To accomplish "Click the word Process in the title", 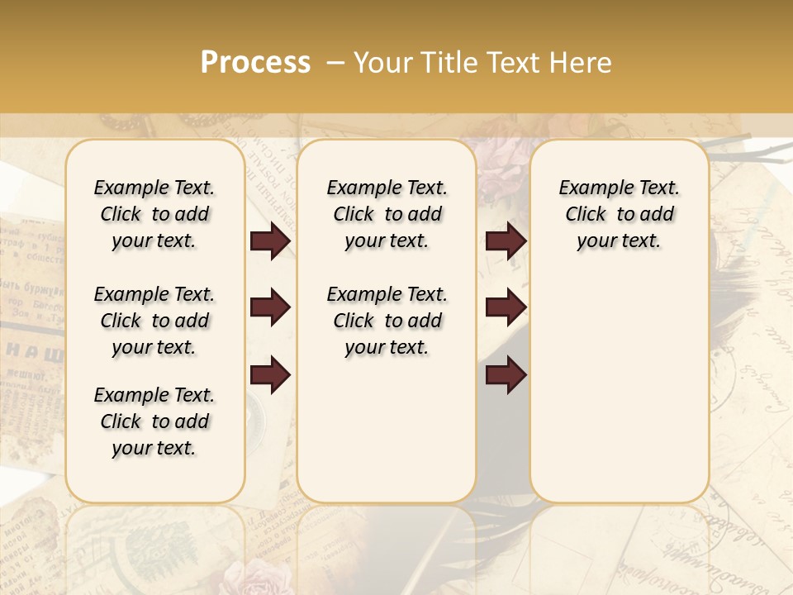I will (x=255, y=63).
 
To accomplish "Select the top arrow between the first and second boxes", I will (x=270, y=241).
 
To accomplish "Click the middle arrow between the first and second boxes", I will (x=270, y=308).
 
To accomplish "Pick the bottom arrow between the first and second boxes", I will (x=270, y=376).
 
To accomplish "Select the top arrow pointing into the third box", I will (x=506, y=241).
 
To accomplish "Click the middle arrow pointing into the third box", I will (x=506, y=308).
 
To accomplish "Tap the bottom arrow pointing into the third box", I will (x=506, y=376).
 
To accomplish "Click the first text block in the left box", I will (x=154, y=214).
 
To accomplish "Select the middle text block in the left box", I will (x=154, y=321).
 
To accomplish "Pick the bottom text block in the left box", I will (x=154, y=421).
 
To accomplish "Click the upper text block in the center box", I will (x=387, y=214).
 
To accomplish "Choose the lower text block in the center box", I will (x=387, y=321).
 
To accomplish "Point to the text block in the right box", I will (x=619, y=214).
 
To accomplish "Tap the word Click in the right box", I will (x=586, y=215).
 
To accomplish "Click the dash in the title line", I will (x=335, y=63).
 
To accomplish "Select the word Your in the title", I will (x=382, y=63).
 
